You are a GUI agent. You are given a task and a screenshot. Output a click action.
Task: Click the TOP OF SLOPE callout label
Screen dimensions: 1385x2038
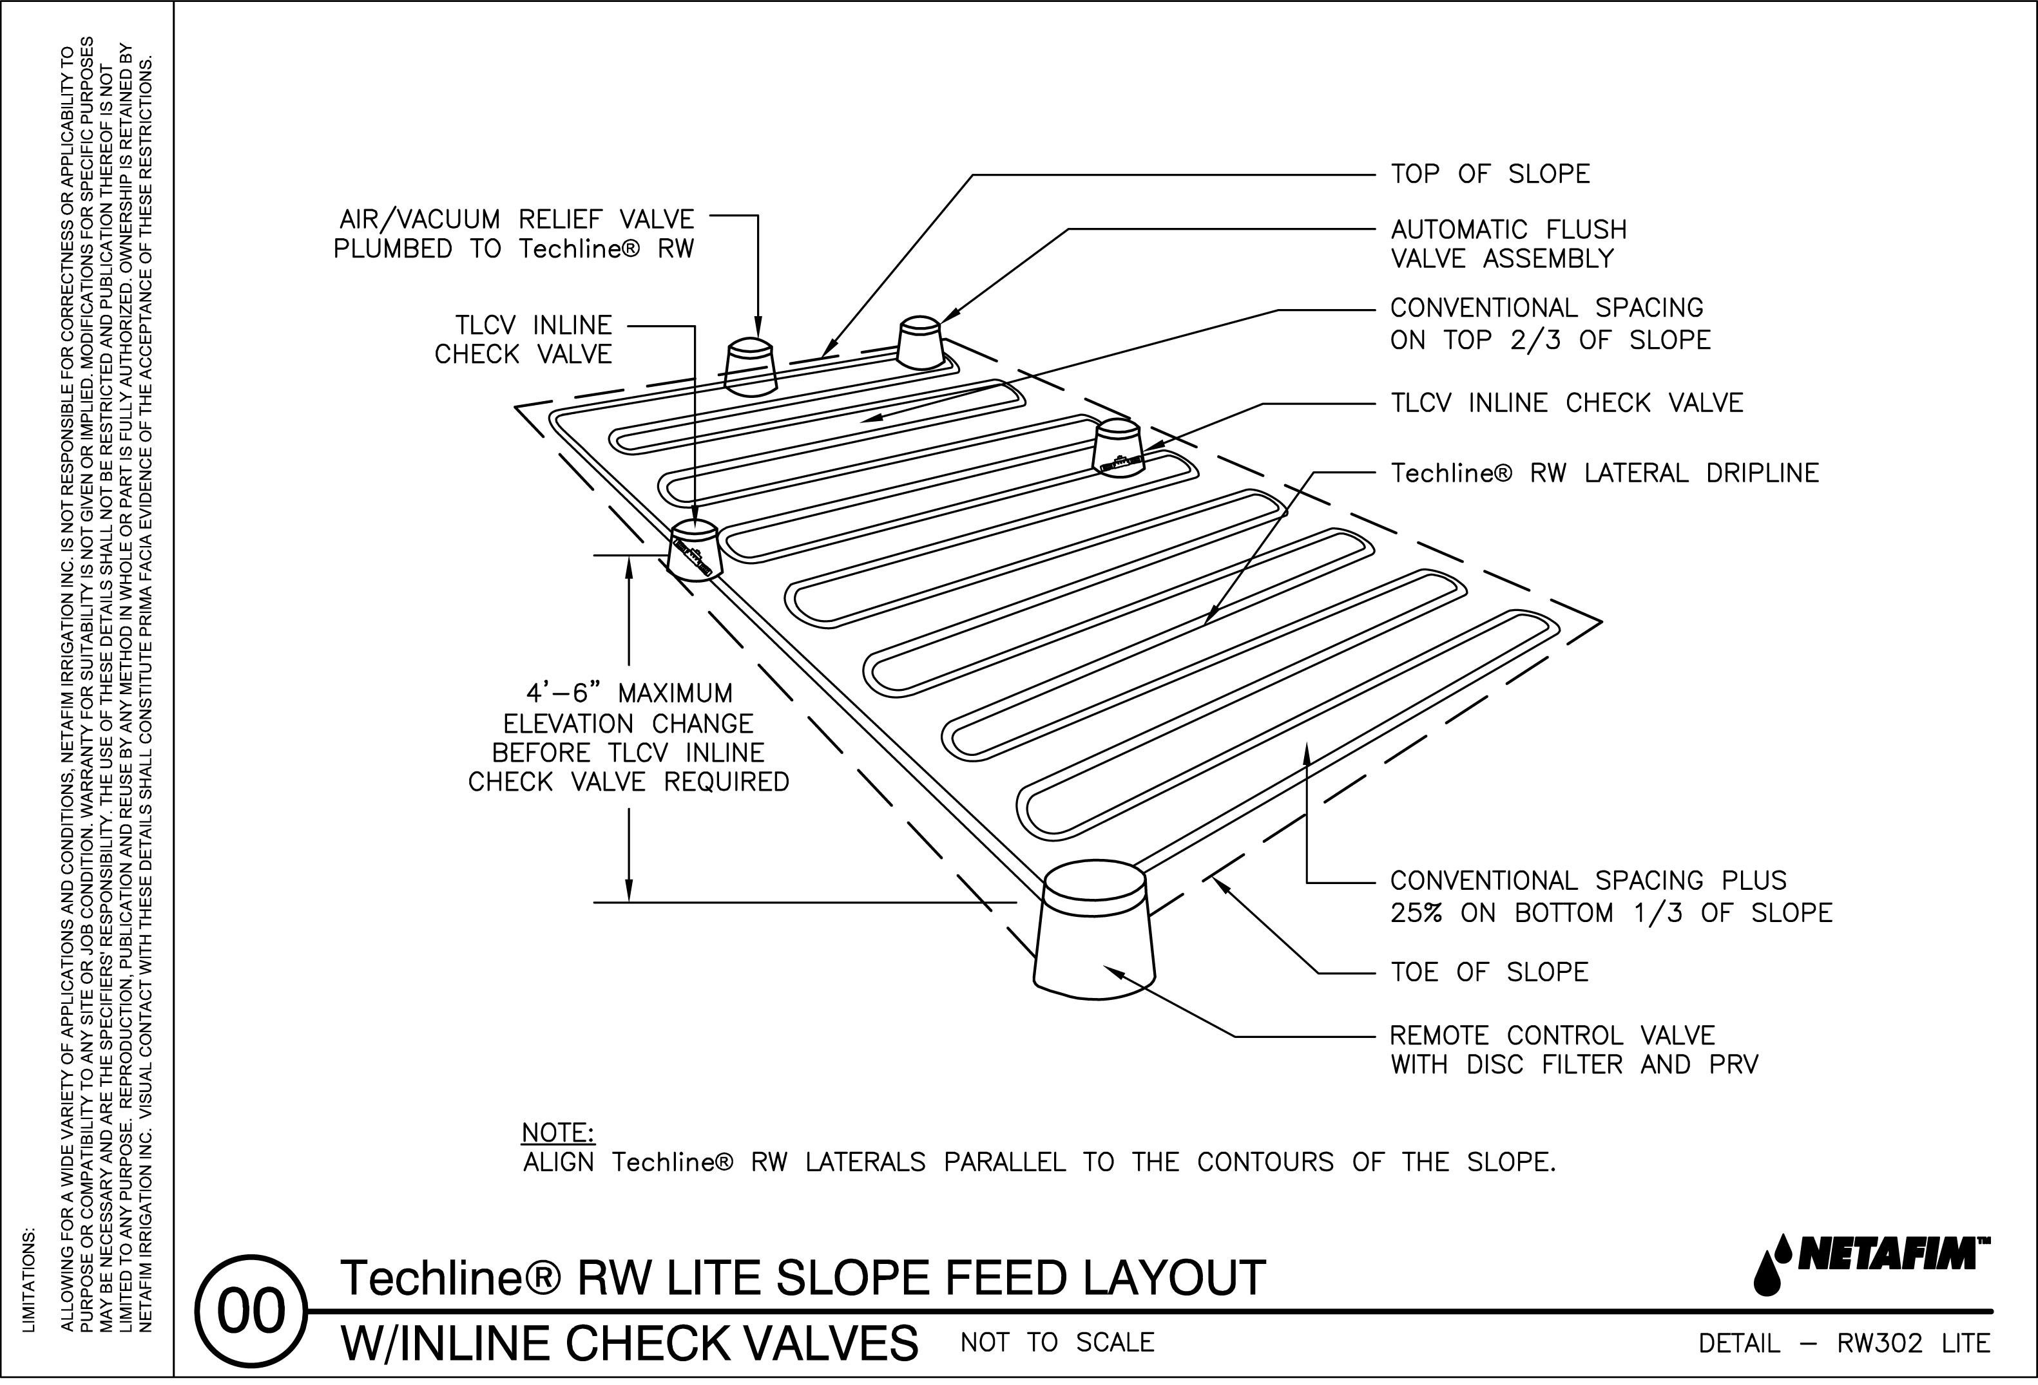tap(1489, 174)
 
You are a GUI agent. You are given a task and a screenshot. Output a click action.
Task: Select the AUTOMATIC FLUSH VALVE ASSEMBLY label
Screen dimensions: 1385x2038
tap(1508, 243)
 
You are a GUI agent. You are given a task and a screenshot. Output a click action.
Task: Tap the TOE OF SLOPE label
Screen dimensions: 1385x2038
tap(1489, 972)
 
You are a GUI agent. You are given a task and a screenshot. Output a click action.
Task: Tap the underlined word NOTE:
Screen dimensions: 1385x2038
tap(558, 1133)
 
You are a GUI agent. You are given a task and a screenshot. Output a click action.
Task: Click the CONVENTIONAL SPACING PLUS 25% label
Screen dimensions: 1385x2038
tap(1611, 897)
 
